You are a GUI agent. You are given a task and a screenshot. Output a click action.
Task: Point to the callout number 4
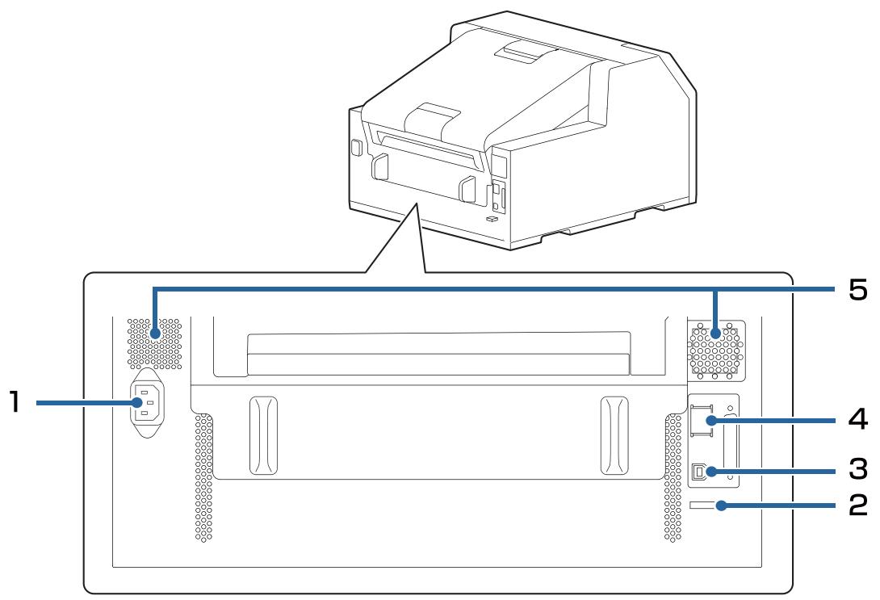(x=857, y=421)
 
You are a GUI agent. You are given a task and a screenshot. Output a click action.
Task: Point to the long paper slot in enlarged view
(x=438, y=354)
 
